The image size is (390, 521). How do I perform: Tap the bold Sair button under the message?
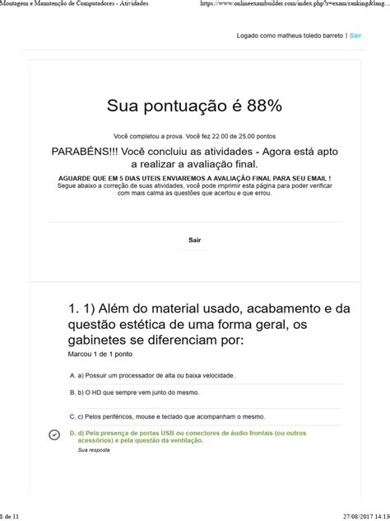click(x=194, y=240)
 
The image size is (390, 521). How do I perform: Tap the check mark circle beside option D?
click(x=54, y=435)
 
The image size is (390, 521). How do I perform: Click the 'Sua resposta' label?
click(x=94, y=450)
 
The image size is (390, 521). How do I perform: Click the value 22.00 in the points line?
click(x=211, y=136)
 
